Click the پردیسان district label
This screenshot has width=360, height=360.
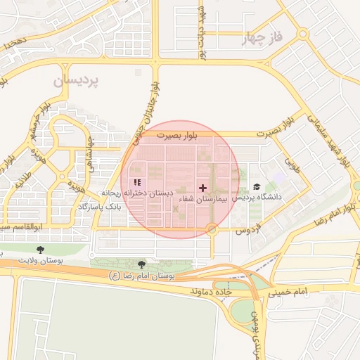[77, 80]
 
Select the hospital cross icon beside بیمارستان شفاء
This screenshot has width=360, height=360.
[203, 188]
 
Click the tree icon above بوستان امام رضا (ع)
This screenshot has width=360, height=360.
[142, 264]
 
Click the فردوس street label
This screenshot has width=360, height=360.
[246, 230]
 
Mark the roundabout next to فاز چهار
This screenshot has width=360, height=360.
[303, 33]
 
